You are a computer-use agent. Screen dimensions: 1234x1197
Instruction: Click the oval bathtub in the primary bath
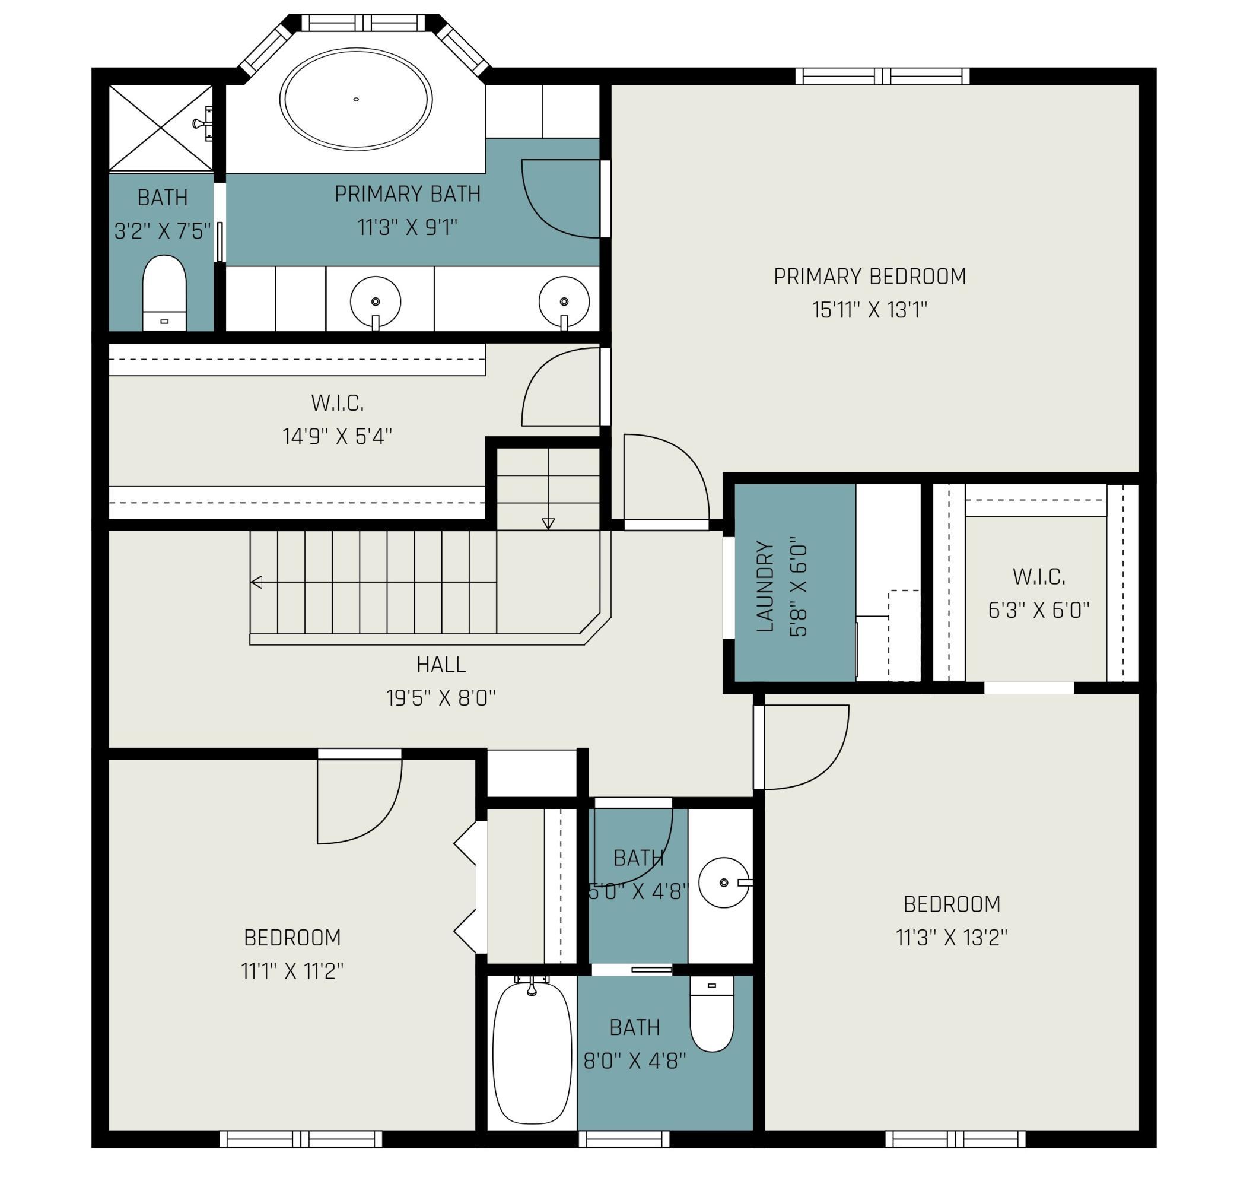click(x=356, y=100)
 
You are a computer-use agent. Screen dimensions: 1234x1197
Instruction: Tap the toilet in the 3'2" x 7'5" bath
click(x=164, y=293)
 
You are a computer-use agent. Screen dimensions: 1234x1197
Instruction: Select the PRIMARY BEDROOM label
click(x=870, y=277)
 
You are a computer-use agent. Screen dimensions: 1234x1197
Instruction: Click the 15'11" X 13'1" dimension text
click(x=870, y=310)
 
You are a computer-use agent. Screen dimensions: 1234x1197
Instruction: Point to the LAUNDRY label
click(x=764, y=586)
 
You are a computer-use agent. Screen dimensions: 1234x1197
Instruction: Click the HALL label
click(x=441, y=664)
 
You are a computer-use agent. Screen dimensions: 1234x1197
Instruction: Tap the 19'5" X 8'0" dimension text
click(x=441, y=698)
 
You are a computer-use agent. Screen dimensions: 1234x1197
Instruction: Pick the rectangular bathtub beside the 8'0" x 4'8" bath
click(x=532, y=1052)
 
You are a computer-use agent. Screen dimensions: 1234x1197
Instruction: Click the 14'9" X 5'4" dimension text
click(x=338, y=436)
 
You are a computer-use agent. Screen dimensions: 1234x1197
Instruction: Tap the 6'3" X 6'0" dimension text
click(x=1039, y=609)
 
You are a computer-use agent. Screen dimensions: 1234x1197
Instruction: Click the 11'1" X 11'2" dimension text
click(x=292, y=971)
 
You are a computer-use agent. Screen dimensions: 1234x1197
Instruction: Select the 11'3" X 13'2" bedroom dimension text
click(x=952, y=938)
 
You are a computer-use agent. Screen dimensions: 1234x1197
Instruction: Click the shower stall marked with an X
click(x=161, y=128)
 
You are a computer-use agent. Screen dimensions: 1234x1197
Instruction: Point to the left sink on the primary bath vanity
click(x=375, y=302)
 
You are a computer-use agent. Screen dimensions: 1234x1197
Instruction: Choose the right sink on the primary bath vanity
click(x=564, y=302)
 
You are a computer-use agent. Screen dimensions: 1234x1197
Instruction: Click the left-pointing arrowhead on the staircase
click(x=256, y=582)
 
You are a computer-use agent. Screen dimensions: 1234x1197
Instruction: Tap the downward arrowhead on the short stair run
click(x=548, y=524)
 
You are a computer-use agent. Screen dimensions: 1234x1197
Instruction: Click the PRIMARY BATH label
click(x=408, y=194)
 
